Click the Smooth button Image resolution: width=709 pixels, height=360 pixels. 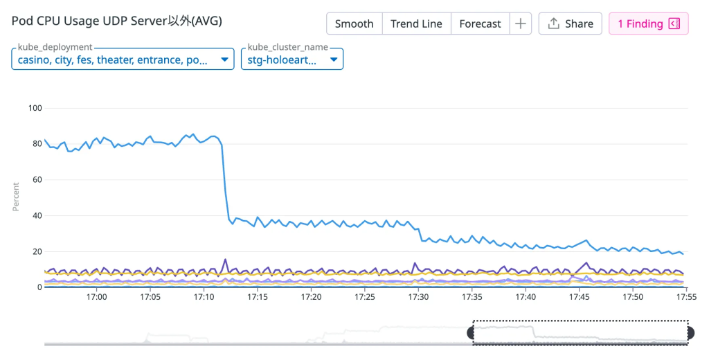tap(354, 24)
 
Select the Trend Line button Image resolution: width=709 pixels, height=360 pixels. tap(416, 24)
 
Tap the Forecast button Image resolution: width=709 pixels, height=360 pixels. tap(480, 24)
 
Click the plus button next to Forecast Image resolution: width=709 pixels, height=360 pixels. tap(520, 24)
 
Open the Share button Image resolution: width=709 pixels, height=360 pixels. tap(570, 24)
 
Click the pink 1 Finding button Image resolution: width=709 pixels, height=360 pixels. tap(648, 24)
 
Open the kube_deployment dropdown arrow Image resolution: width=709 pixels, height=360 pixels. tap(224, 60)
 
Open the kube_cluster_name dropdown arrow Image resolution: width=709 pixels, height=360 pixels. tap(334, 60)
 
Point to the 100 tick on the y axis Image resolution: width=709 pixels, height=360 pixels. tap(35, 108)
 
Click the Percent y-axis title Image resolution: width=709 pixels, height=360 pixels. tap(16, 197)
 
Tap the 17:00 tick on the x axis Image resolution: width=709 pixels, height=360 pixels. tap(96, 297)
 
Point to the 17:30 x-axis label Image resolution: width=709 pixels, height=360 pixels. tap(418, 297)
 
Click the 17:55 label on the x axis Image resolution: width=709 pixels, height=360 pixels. tap(686, 297)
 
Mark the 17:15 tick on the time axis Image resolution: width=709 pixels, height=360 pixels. tap(257, 297)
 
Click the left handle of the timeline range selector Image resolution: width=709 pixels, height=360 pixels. tap(472, 333)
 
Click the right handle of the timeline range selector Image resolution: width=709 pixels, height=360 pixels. tap(690, 333)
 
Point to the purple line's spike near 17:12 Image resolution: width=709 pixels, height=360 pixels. tap(225, 260)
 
